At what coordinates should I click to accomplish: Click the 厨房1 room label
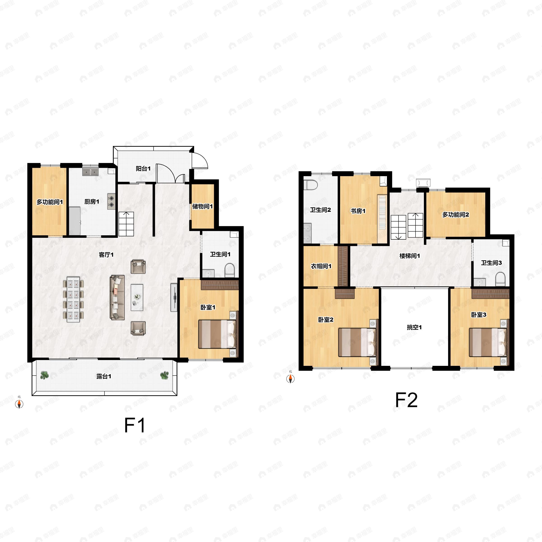92,201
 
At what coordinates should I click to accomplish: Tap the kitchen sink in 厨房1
90,172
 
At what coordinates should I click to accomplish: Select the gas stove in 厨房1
111,201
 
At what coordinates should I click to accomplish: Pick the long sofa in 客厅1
117,297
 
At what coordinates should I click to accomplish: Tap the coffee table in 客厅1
137,297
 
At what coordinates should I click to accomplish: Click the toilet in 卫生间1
229,270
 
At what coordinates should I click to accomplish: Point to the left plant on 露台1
44,375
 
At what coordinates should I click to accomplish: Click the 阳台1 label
143,169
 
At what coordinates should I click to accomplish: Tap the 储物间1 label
202,206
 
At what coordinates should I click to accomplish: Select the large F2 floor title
406,400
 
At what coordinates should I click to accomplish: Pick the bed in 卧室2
357,342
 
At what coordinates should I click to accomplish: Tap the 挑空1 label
414,327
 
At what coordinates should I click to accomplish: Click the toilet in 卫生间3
500,279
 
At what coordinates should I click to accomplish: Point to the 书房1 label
358,211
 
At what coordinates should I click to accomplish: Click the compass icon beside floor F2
290,379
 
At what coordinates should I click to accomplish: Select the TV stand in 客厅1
174,297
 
